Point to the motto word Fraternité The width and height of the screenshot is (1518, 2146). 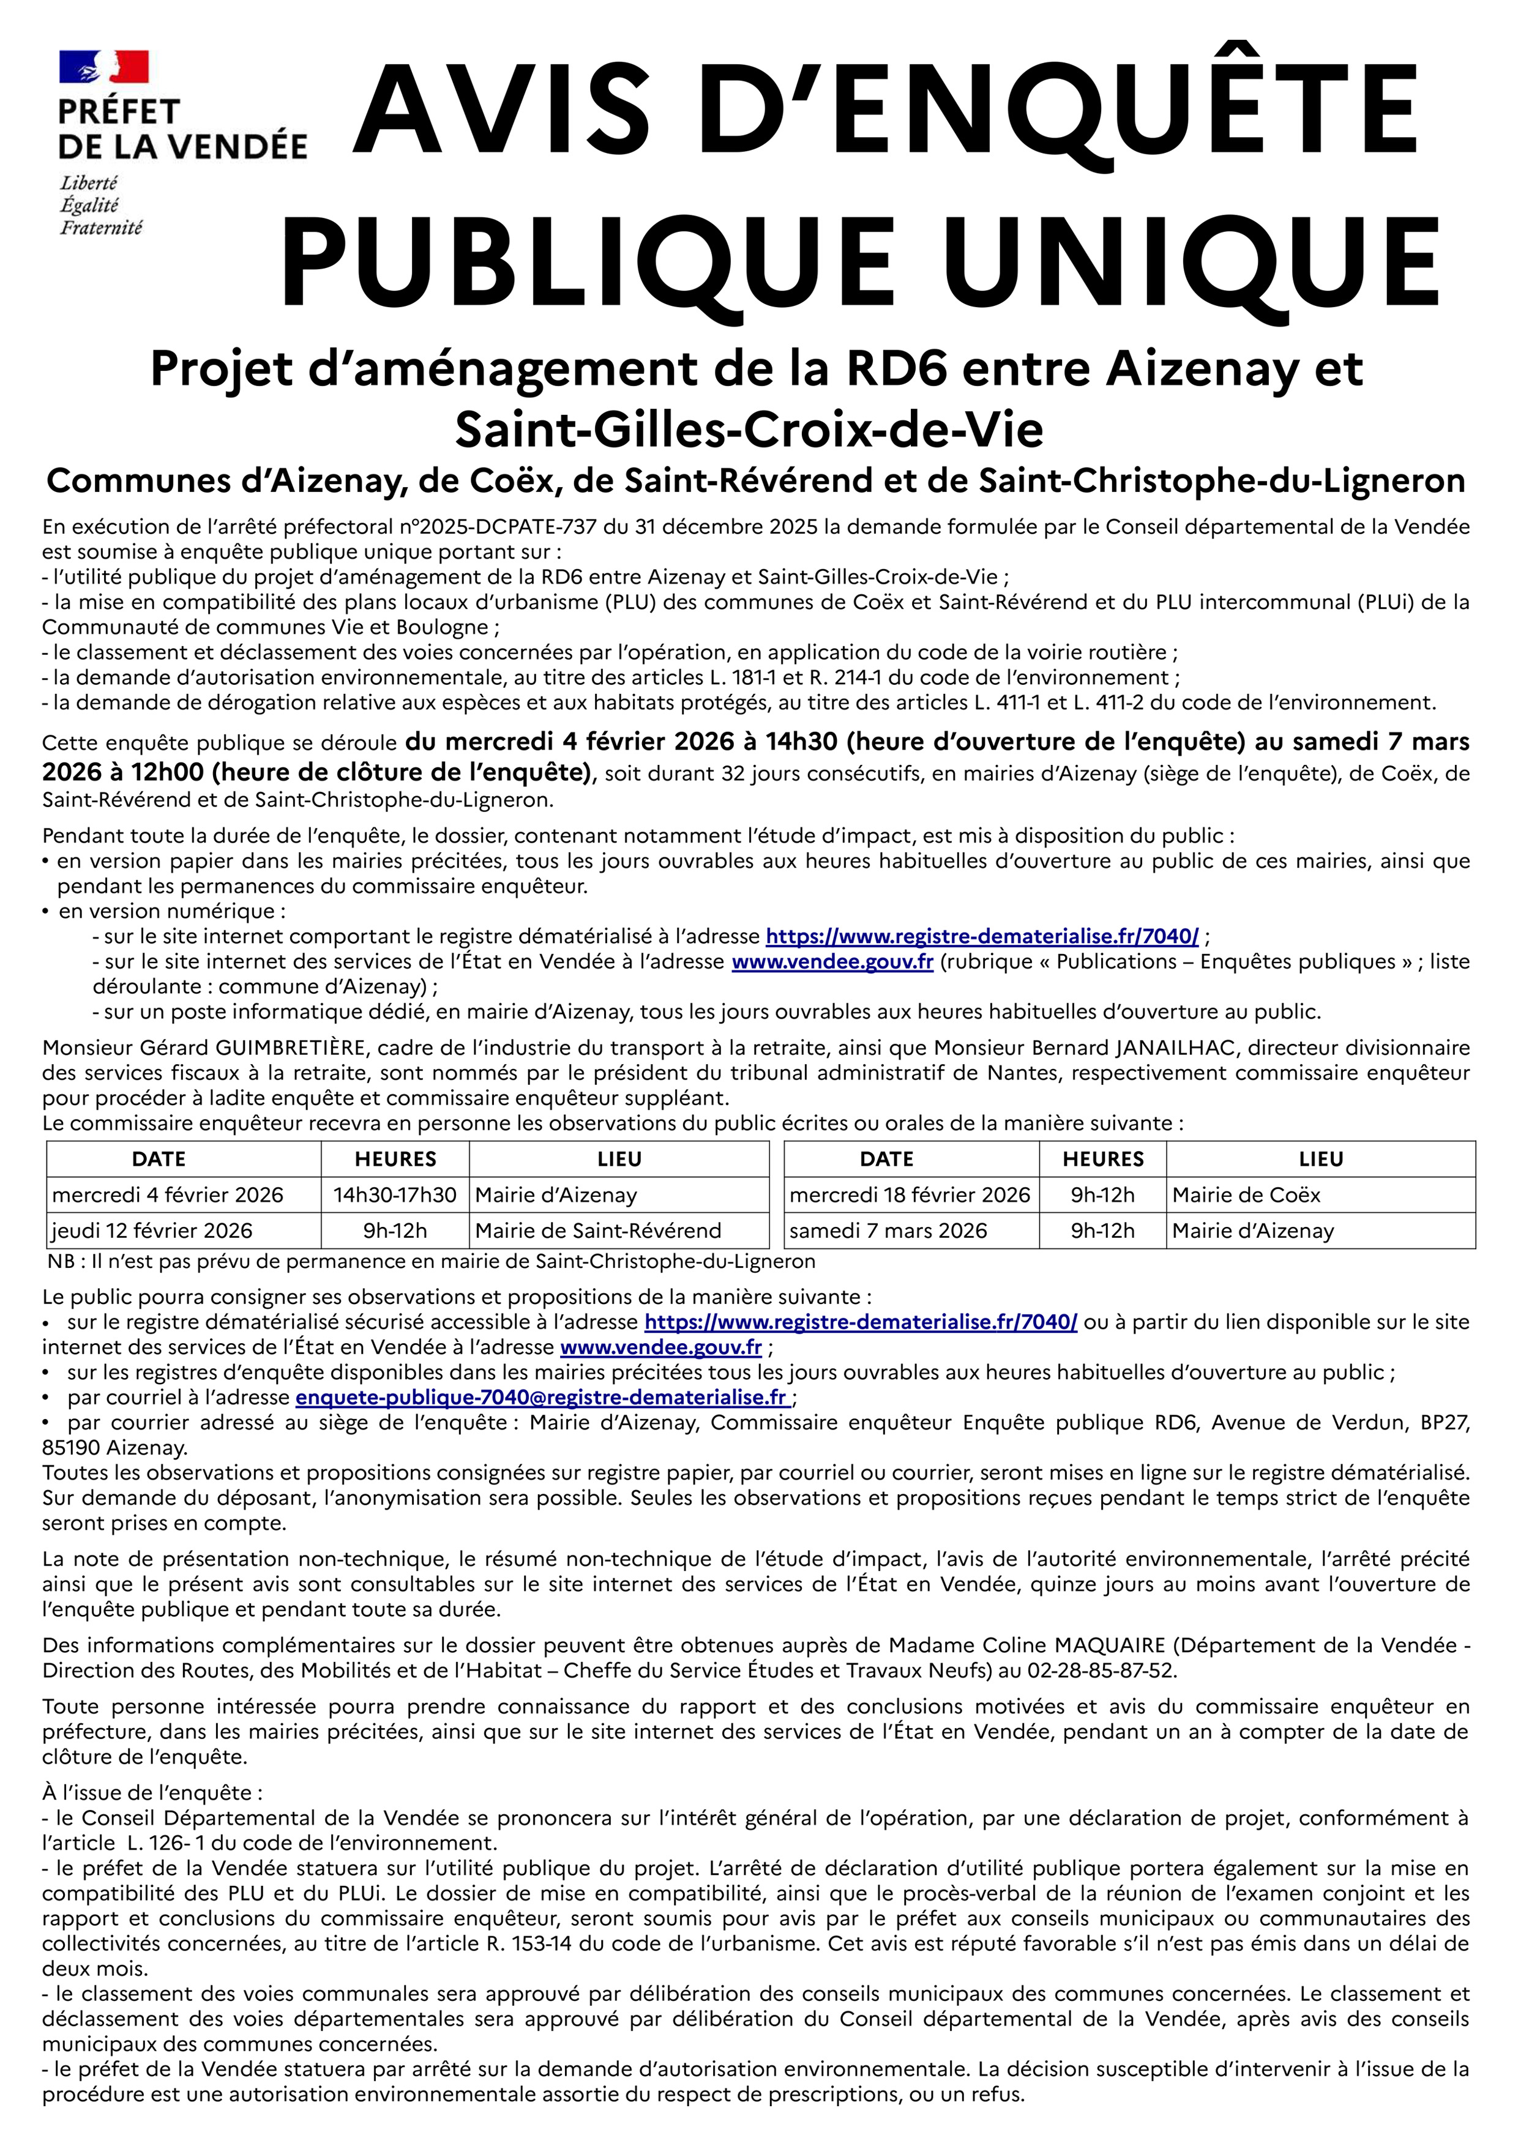click(101, 227)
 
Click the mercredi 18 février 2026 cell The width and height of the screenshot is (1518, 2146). click(910, 1194)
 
